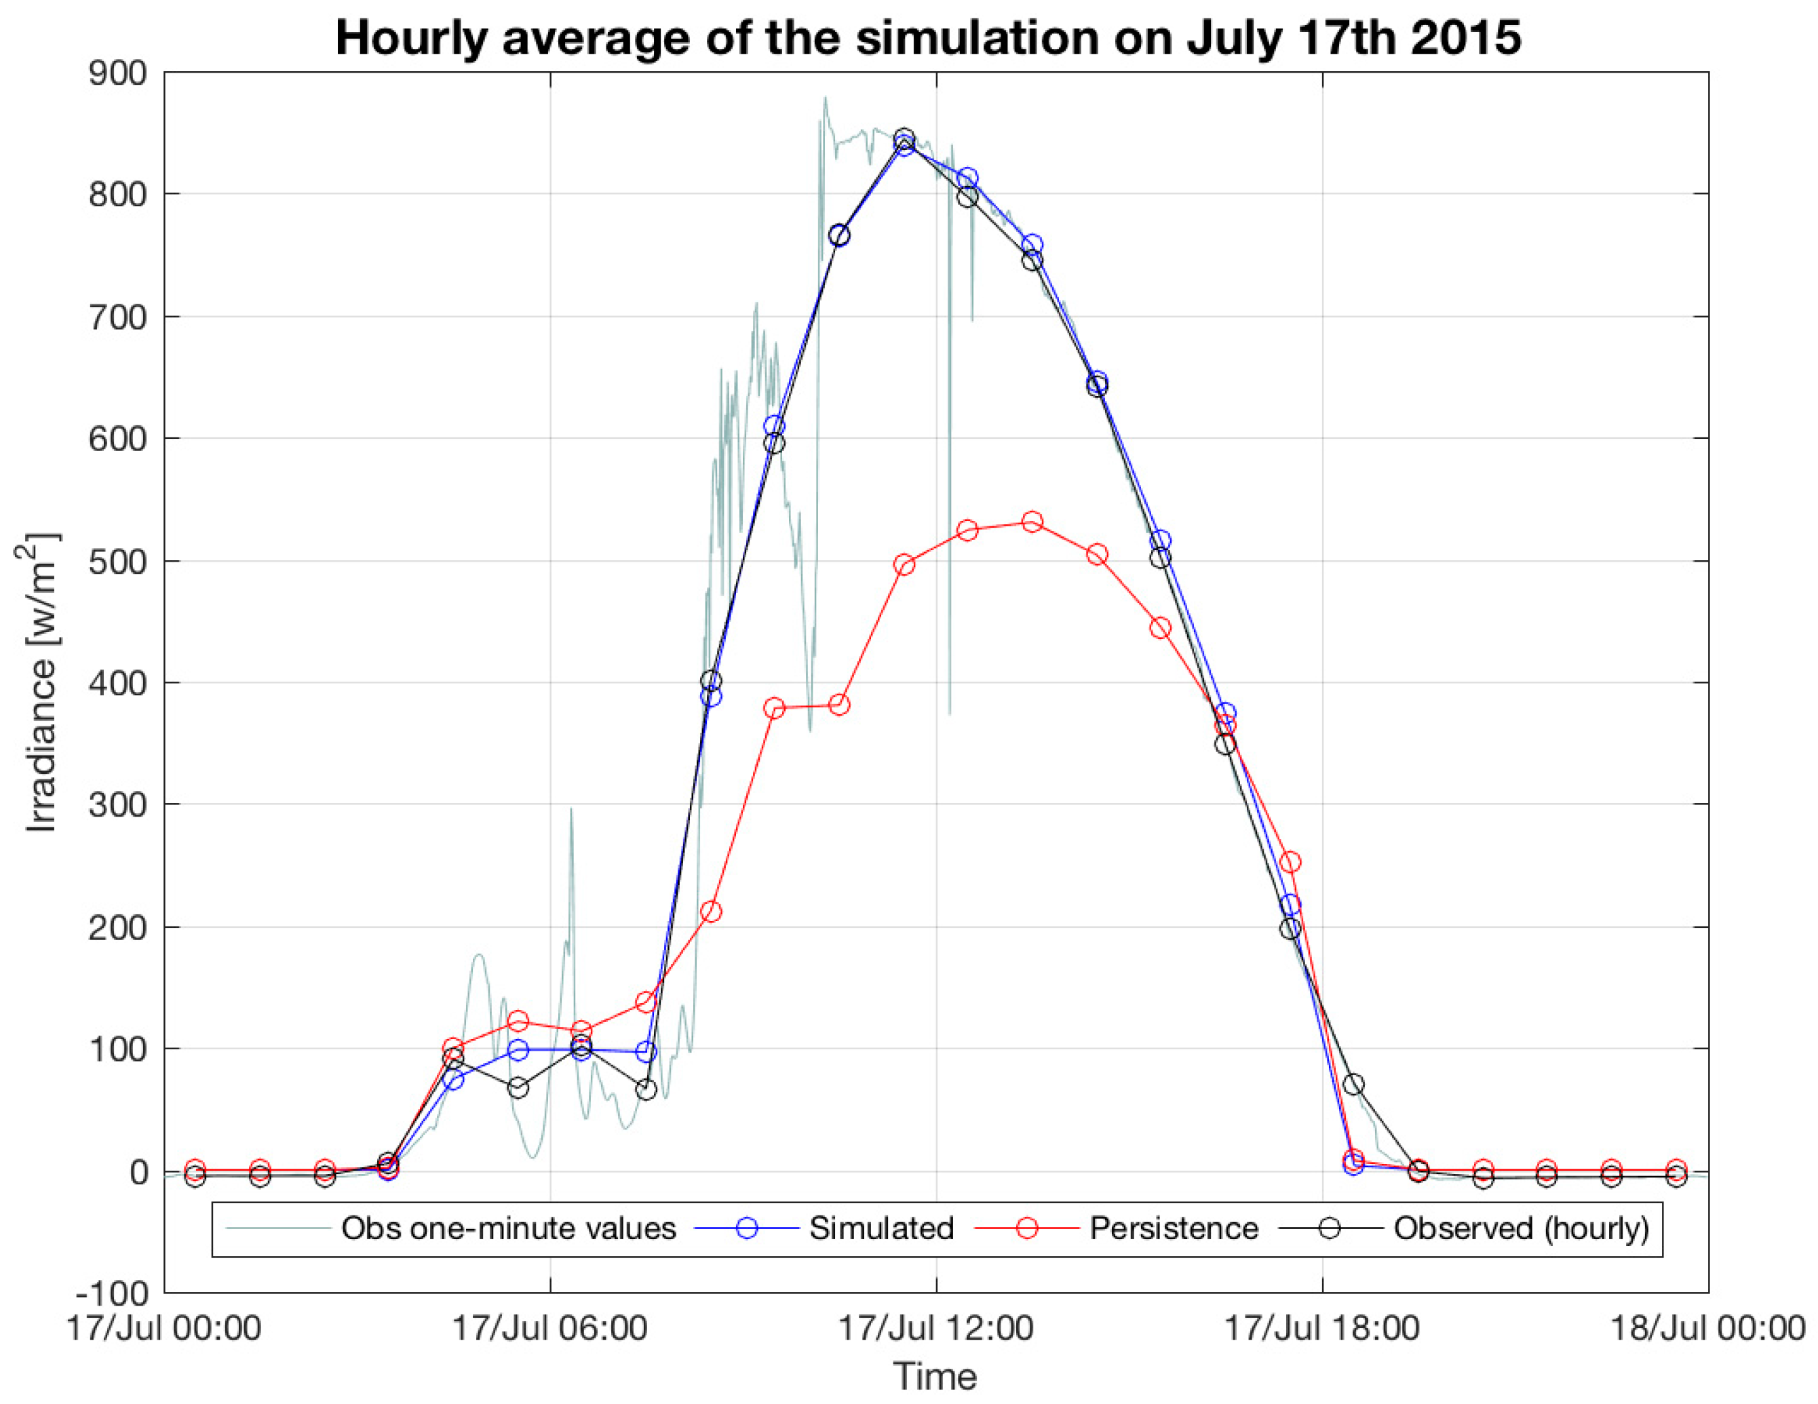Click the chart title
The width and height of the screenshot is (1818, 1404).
click(x=928, y=37)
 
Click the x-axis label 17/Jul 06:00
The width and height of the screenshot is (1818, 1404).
click(x=549, y=1328)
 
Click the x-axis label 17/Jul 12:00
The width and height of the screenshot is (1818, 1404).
click(x=935, y=1328)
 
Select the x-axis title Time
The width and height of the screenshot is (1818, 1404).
click(x=935, y=1378)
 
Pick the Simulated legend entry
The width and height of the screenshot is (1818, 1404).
click(x=881, y=1228)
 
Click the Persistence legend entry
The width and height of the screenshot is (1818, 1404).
click(x=1173, y=1228)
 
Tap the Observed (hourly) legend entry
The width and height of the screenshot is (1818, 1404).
click(x=1521, y=1228)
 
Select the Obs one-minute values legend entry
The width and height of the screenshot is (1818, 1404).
click(x=508, y=1228)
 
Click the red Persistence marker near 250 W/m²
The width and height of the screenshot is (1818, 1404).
click(x=1290, y=861)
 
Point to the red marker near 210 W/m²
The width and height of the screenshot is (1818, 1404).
click(x=711, y=912)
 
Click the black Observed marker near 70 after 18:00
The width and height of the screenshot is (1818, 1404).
click(x=1353, y=1085)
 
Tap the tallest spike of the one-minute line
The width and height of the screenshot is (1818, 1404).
click(x=825, y=98)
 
